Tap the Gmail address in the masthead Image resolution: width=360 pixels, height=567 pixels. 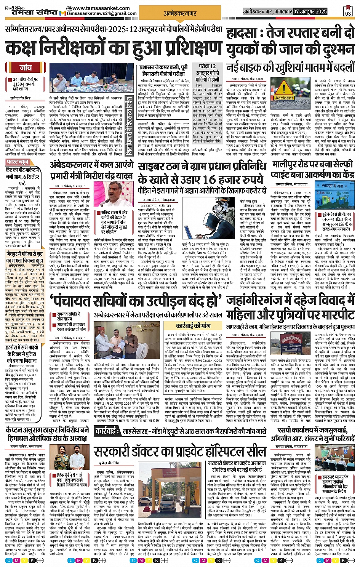pos(101,14)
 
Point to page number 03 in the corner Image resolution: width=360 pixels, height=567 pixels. pos(347,13)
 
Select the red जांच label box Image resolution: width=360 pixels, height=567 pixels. pos(25,67)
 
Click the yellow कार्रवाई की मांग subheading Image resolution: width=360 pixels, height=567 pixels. pos(193,325)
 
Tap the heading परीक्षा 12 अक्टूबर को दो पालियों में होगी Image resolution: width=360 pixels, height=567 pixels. pos(207,73)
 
